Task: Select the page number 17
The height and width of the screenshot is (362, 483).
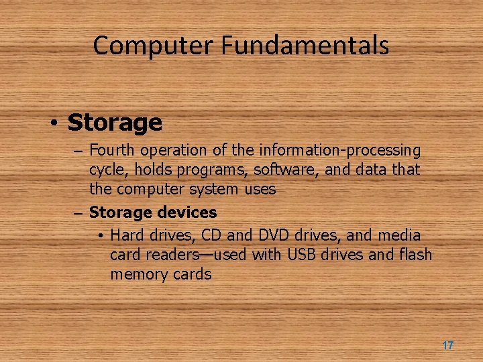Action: [447, 345]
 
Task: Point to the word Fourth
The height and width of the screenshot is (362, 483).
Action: [110, 151]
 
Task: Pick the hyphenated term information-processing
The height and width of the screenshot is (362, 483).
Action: [340, 151]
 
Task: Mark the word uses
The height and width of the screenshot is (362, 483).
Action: [260, 190]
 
